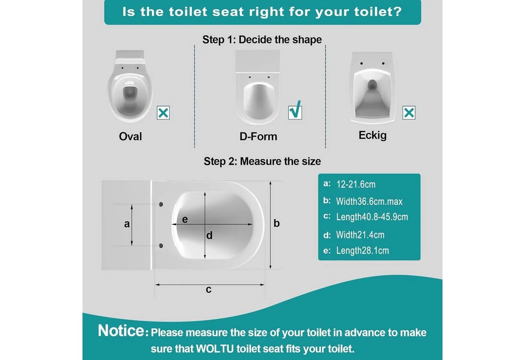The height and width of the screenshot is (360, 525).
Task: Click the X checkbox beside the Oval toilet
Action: [x=163, y=113]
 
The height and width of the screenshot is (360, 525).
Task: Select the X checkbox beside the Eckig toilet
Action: [x=409, y=113]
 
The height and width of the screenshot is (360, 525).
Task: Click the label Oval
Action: [x=130, y=136]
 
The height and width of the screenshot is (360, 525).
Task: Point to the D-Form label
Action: [x=258, y=136]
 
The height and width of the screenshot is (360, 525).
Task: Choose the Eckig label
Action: [x=372, y=135]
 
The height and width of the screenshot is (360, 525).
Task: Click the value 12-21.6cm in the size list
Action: [x=356, y=184]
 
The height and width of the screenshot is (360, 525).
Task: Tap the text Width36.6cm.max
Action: [x=369, y=201]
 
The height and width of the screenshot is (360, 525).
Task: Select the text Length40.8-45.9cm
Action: [x=372, y=217]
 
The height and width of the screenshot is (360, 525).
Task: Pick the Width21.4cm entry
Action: [x=360, y=235]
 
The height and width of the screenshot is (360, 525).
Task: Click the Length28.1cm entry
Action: [x=362, y=250]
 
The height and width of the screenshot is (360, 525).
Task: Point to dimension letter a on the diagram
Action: [x=127, y=224]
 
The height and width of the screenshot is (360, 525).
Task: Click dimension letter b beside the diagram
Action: [x=277, y=223]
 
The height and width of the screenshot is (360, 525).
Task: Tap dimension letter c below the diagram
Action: [x=208, y=289]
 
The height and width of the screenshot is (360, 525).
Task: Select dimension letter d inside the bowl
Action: [x=209, y=235]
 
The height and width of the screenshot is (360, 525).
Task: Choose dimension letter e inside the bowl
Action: [x=185, y=220]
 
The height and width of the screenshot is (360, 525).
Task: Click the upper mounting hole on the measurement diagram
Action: [x=161, y=204]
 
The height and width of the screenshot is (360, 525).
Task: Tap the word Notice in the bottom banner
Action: [x=121, y=331]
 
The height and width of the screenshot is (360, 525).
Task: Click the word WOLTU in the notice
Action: [x=214, y=349]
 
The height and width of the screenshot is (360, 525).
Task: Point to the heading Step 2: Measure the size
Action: [x=262, y=161]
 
